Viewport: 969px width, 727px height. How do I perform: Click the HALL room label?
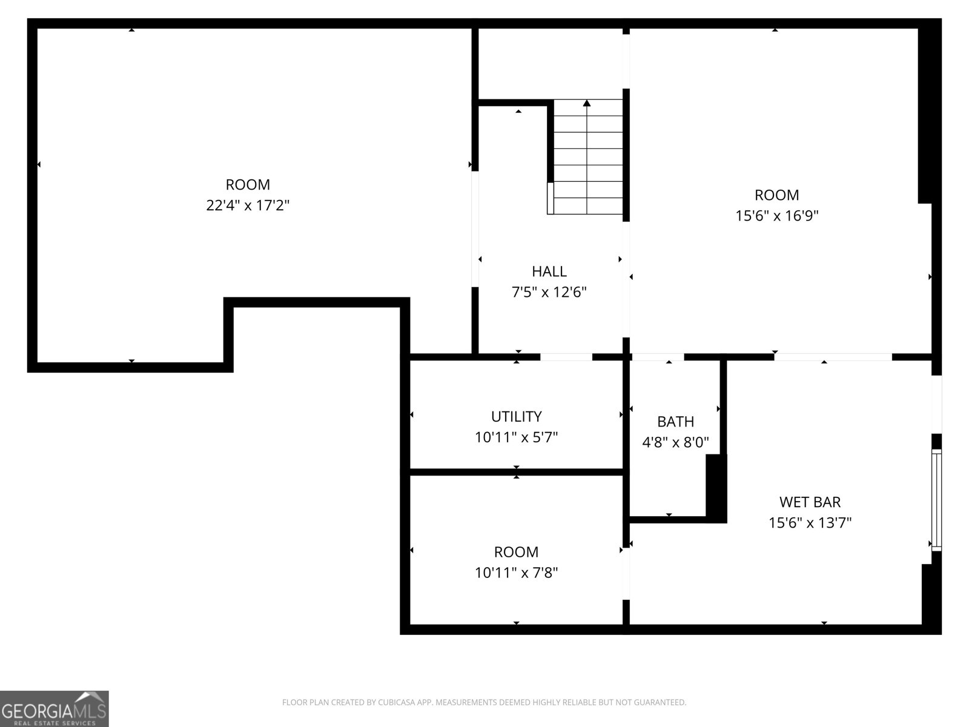point(549,271)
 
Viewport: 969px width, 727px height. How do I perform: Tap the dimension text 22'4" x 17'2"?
point(248,205)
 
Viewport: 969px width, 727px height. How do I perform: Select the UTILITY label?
point(516,416)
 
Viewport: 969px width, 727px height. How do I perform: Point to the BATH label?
point(675,422)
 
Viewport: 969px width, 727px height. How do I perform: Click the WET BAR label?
point(810,502)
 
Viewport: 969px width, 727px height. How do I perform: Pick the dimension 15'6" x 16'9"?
point(777,216)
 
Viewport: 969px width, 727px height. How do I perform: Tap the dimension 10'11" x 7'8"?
point(516,573)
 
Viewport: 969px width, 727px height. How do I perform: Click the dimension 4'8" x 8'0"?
point(675,442)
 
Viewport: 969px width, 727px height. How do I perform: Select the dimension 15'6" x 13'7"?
point(810,522)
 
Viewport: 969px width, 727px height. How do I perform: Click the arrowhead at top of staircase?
point(587,104)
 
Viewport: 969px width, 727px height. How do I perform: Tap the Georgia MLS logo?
point(54,709)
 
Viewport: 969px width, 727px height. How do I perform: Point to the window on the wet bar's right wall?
point(936,500)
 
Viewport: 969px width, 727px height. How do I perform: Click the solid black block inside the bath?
point(716,488)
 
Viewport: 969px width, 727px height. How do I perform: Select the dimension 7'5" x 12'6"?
point(549,293)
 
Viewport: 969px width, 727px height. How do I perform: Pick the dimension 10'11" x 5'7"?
point(516,437)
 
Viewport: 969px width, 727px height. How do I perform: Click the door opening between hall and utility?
point(566,357)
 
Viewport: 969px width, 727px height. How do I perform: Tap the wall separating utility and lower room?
point(516,472)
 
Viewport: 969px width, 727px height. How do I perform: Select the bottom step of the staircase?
point(587,206)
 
